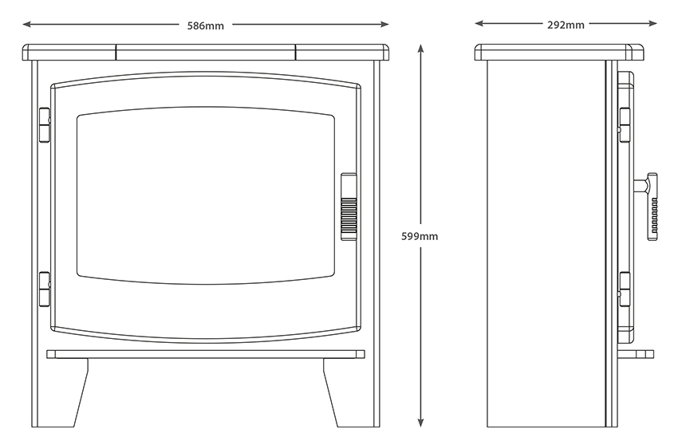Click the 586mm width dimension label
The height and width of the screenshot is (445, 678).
pyautogui.click(x=205, y=26)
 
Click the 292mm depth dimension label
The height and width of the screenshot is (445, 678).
pyautogui.click(x=566, y=25)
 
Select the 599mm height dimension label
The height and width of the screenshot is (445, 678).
pyautogui.click(x=420, y=236)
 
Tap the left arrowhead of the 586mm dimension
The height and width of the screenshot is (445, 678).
pyautogui.click(x=27, y=24)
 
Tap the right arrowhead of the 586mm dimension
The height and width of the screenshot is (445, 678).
pyautogui.click(x=384, y=24)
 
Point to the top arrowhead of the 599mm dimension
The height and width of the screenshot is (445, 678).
pyautogui.click(x=420, y=49)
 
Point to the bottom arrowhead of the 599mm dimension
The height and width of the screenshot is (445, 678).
pyautogui.click(x=420, y=423)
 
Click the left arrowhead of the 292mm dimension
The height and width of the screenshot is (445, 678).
pyautogui.click(x=479, y=23)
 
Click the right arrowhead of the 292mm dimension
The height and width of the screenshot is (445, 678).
pyautogui.click(x=652, y=23)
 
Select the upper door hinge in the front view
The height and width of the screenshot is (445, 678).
pyautogui.click(x=45, y=125)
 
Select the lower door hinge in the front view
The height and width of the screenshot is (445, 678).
pyautogui.click(x=45, y=289)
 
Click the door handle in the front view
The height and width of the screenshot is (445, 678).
pyautogui.click(x=349, y=207)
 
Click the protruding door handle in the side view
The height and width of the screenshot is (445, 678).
pyautogui.click(x=646, y=207)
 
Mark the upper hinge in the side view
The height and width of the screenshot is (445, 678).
pyautogui.click(x=624, y=125)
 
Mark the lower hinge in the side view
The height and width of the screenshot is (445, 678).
pyautogui.click(x=624, y=289)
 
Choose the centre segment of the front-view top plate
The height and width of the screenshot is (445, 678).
pyautogui.click(x=206, y=53)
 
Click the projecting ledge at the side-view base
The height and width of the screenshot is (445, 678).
pyautogui.click(x=636, y=354)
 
